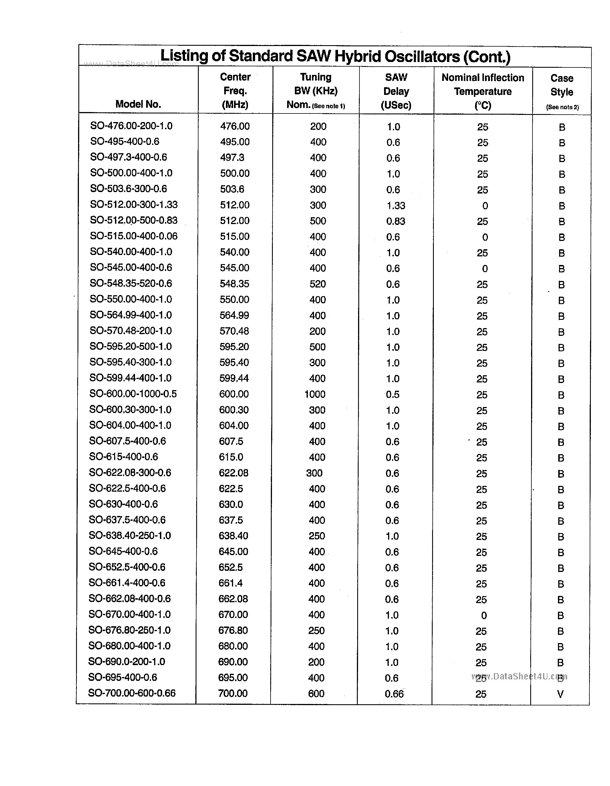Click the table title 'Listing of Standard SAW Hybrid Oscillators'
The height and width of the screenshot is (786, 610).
(335, 57)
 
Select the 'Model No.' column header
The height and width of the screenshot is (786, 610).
(138, 104)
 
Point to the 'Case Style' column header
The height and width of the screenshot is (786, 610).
(561, 85)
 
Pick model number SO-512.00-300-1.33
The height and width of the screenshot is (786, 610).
(134, 205)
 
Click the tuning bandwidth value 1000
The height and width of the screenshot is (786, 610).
(315, 394)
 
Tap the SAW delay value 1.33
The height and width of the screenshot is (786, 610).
(396, 206)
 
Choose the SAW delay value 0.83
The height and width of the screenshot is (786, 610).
(396, 221)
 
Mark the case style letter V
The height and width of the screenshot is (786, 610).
(560, 694)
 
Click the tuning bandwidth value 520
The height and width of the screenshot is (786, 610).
(318, 284)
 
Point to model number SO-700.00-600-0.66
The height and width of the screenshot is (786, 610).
(132, 693)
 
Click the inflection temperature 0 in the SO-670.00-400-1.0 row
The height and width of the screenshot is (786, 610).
(484, 615)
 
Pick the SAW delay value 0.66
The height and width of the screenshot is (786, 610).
(394, 694)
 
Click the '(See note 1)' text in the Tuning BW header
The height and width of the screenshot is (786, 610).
(328, 106)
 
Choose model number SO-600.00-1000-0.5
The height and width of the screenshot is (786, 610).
(133, 394)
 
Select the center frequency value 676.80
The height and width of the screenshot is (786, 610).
(233, 631)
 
